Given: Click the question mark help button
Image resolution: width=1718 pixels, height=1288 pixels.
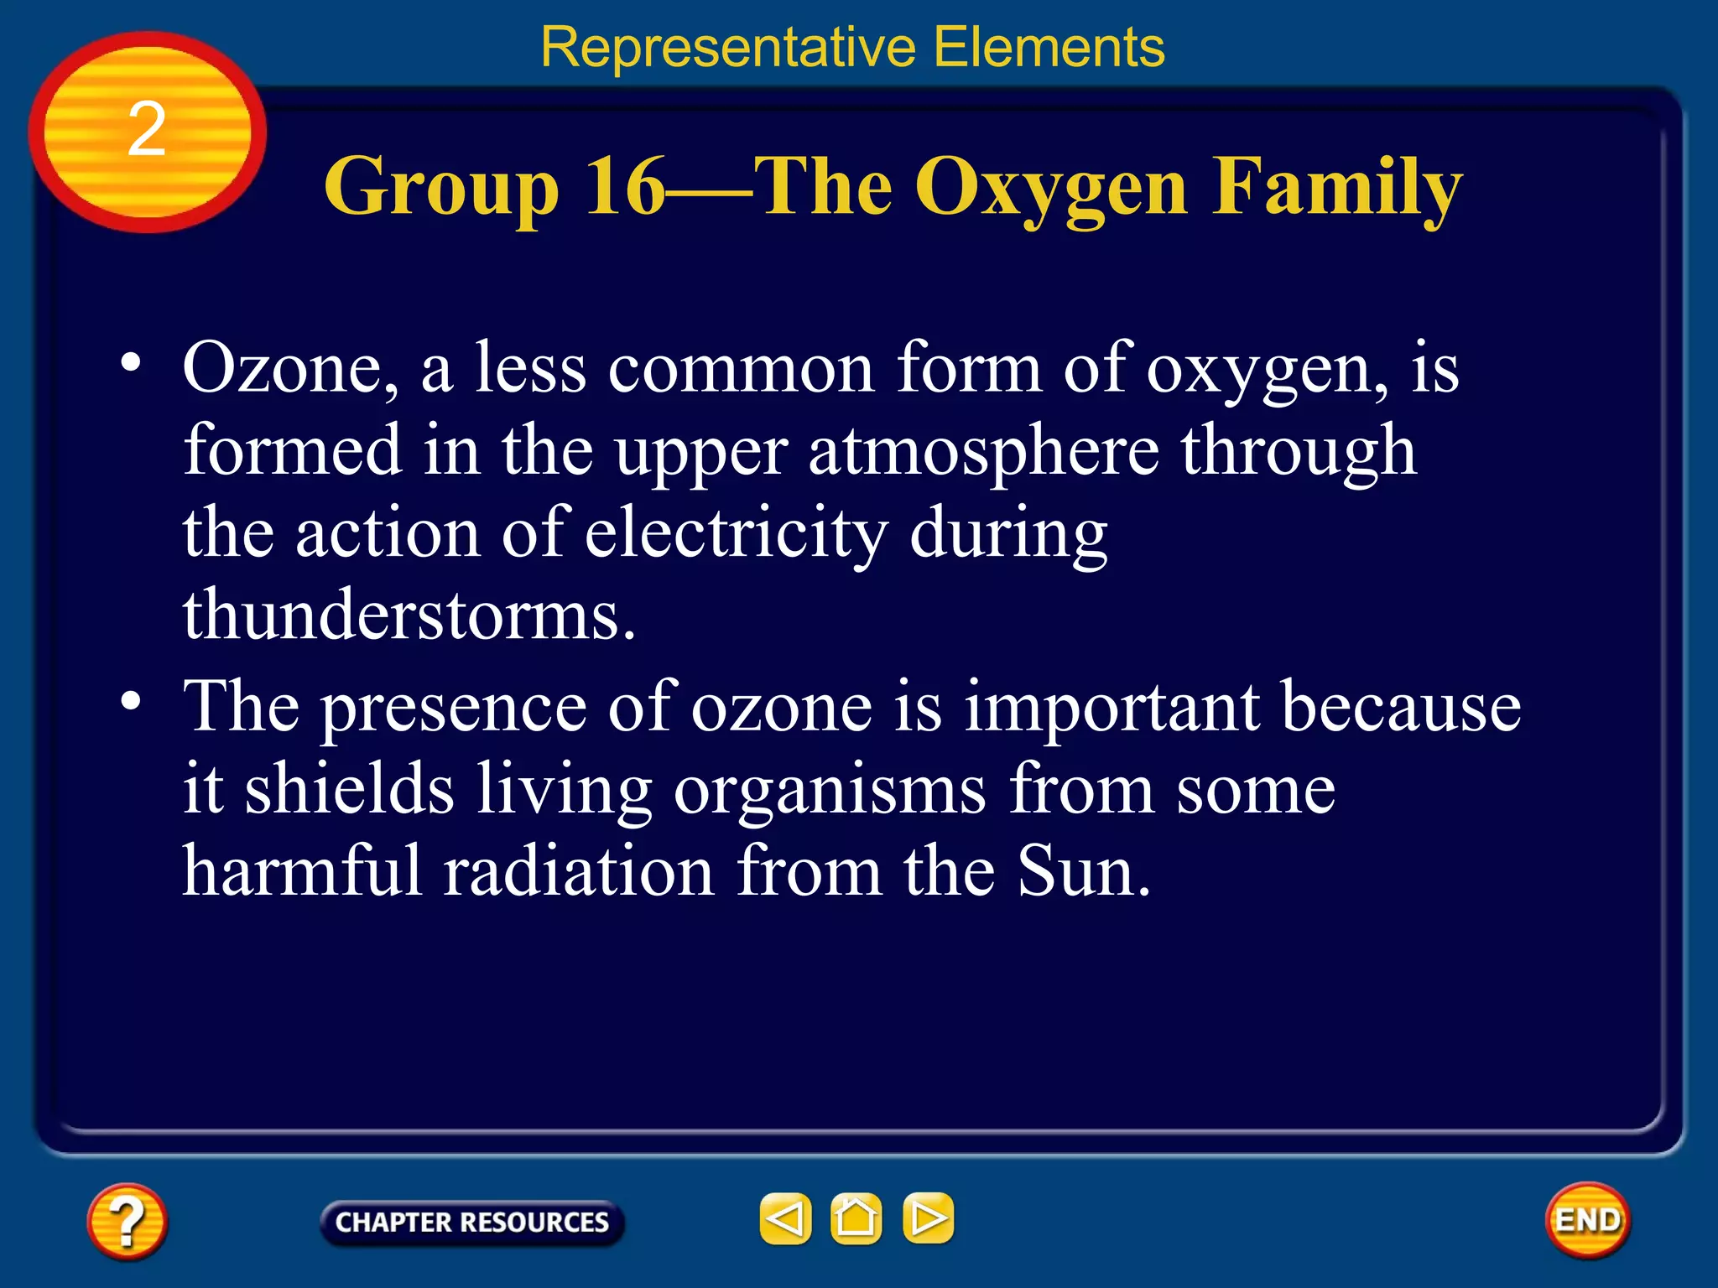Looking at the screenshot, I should click(x=127, y=1221).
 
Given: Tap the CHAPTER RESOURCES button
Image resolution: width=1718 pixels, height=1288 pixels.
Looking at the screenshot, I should click(x=471, y=1222).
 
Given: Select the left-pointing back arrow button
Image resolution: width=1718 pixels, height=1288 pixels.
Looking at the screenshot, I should click(x=786, y=1218).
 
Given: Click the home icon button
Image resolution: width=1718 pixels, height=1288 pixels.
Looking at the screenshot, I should click(x=856, y=1218).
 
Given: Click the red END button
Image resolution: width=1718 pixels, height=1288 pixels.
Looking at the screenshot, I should click(x=1587, y=1220).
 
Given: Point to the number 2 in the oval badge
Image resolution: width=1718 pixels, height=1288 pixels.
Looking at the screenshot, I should click(x=147, y=130).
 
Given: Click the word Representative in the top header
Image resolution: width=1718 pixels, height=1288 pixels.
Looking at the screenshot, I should click(x=727, y=47).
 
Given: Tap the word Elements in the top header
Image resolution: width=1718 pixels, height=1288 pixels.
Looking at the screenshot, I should click(x=1049, y=47).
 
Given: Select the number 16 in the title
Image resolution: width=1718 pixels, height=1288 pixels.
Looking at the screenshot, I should click(x=625, y=187).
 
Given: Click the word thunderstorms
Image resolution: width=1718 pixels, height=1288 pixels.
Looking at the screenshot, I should click(x=409, y=615).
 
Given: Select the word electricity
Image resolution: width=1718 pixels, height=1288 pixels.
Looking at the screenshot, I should click(x=736, y=533).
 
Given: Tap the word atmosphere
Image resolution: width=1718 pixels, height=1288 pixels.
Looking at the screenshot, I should click(x=983, y=451).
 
